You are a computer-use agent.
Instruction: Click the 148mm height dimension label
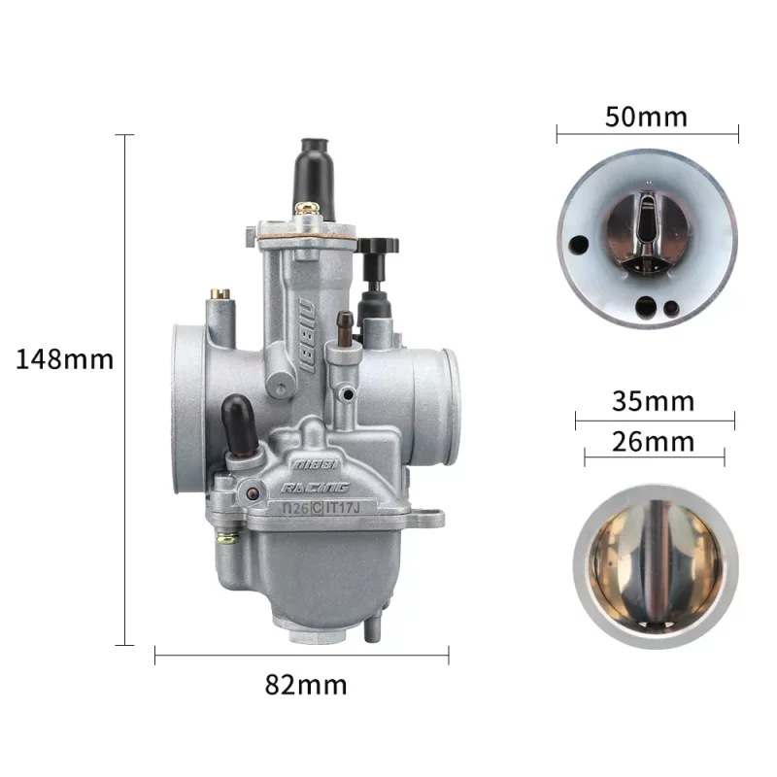pyautogui.click(x=64, y=359)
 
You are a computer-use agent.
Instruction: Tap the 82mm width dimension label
pyautogui.click(x=306, y=685)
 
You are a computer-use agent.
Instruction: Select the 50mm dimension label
pyautogui.click(x=646, y=118)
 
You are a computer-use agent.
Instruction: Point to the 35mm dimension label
pyautogui.click(x=653, y=401)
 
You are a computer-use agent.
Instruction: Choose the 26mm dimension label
pyautogui.click(x=653, y=442)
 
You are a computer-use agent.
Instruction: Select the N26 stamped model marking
pyautogui.click(x=296, y=508)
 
